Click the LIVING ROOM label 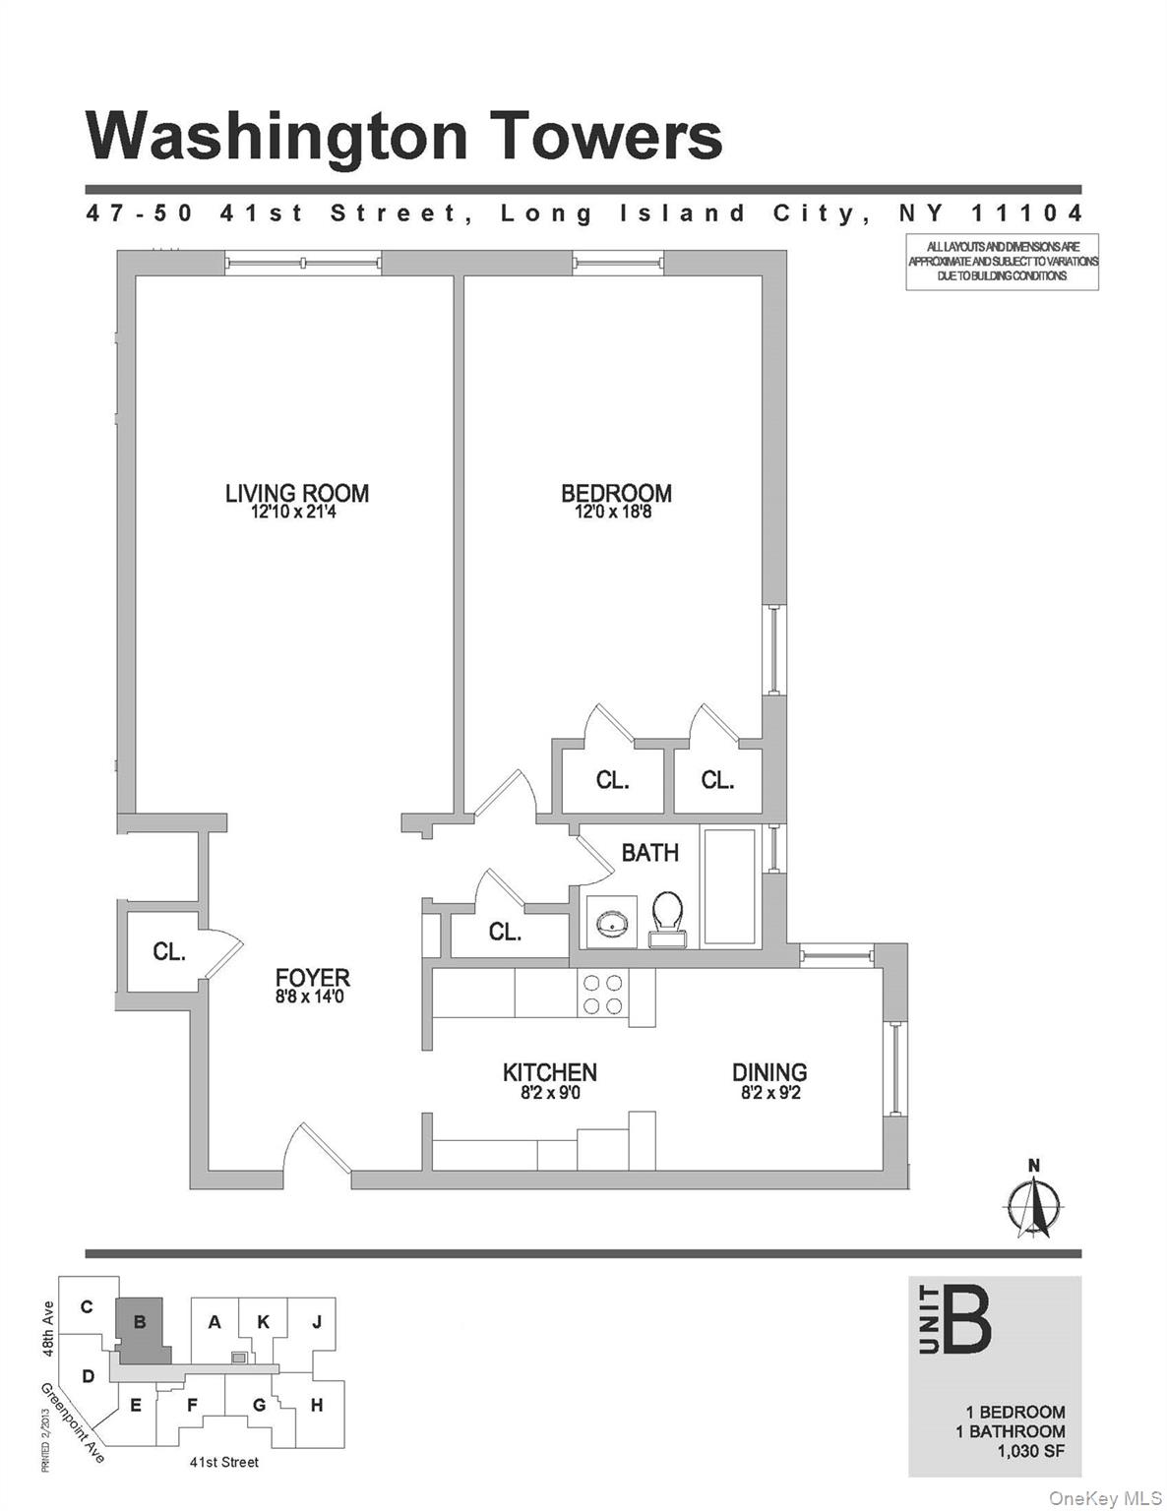tap(296, 493)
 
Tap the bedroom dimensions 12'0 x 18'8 tap(615, 513)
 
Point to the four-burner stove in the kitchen tap(602, 994)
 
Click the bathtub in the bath tap(729, 888)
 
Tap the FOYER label tap(312, 978)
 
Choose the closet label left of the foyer tap(168, 951)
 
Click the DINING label tap(768, 1072)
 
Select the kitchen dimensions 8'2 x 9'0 tap(548, 1092)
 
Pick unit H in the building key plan tap(317, 1405)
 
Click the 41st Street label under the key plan tap(224, 1462)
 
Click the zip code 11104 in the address tap(1027, 213)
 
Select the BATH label tap(649, 852)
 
